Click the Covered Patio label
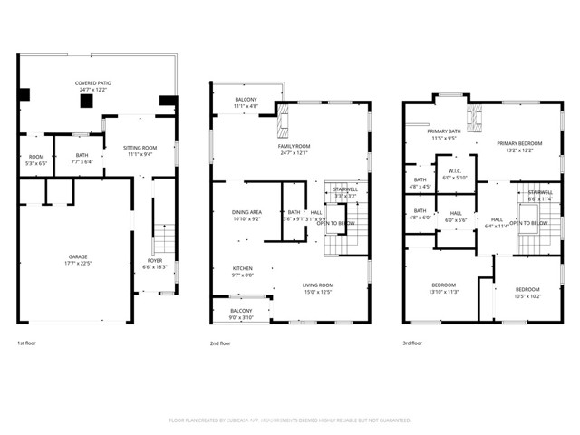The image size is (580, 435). (x=93, y=83)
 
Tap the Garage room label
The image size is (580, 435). (x=78, y=256)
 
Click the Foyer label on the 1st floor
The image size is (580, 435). (x=154, y=261)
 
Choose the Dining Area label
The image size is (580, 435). (x=247, y=212)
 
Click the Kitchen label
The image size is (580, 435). (x=243, y=268)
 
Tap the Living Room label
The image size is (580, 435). (x=318, y=285)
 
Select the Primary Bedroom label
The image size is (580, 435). (x=519, y=144)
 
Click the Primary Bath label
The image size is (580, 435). (x=446, y=132)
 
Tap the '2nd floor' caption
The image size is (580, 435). (x=220, y=343)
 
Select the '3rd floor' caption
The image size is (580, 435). (x=411, y=343)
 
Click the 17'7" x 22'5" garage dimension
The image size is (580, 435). (x=78, y=264)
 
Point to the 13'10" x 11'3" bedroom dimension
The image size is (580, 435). (x=444, y=292)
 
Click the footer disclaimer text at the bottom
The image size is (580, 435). (x=290, y=420)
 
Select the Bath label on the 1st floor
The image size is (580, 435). (x=82, y=155)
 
